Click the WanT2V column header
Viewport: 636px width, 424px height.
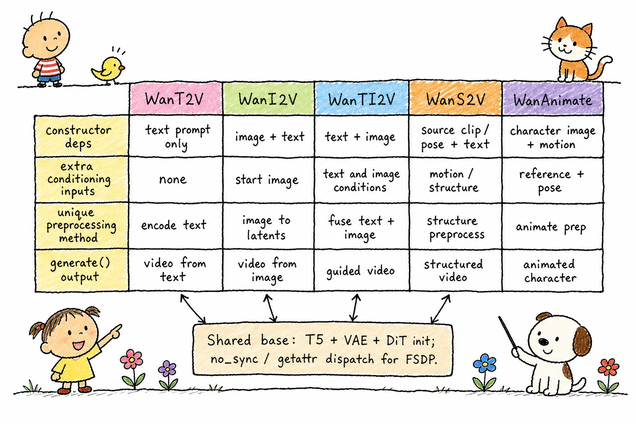pos(176,99)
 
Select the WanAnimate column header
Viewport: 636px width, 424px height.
pos(552,99)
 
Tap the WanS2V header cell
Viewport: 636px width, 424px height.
pos(455,99)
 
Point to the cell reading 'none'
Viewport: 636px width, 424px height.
pos(173,179)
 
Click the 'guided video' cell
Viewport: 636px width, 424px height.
pos(361,271)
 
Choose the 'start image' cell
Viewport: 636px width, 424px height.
pos(267,180)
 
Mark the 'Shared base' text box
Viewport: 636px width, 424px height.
pos(323,349)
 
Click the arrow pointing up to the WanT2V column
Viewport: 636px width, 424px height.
pos(193,309)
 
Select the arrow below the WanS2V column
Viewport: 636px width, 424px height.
pos(441,309)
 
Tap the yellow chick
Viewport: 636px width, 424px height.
pos(108,70)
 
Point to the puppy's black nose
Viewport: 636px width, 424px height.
pos(544,341)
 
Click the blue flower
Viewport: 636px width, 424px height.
pos(485,364)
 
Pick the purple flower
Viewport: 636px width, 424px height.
pos(168,369)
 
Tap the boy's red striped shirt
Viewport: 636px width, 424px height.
pos(49,67)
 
